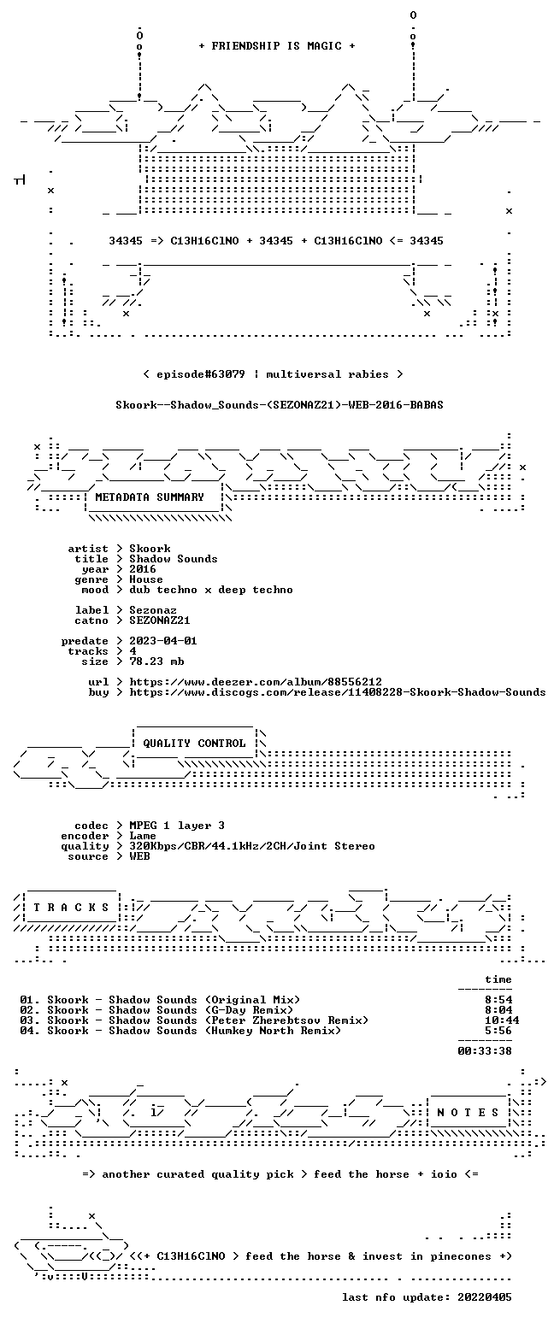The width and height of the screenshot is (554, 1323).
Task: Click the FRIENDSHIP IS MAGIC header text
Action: click(x=276, y=46)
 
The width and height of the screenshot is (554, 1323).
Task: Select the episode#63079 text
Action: click(x=201, y=374)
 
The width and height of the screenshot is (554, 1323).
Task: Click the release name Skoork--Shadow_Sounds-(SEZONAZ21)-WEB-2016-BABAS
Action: click(x=280, y=405)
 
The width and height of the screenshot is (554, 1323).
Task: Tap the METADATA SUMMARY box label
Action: click(x=150, y=497)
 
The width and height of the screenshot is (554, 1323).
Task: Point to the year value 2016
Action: click(x=143, y=569)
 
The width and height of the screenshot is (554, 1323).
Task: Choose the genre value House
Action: click(x=146, y=579)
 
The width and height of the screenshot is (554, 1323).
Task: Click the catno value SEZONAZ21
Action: click(x=160, y=620)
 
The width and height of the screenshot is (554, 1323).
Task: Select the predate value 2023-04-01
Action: click(x=163, y=641)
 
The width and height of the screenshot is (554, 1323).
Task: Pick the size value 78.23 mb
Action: click(x=156, y=661)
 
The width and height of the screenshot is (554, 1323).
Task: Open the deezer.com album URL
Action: click(x=255, y=682)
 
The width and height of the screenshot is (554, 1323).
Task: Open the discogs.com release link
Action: click(x=337, y=692)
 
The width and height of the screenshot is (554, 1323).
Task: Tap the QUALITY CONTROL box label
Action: click(x=194, y=744)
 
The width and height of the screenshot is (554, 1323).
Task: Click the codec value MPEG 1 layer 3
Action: click(x=177, y=826)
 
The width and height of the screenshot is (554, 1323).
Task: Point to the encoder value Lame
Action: click(x=142, y=837)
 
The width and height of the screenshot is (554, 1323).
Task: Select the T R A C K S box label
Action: click(x=72, y=908)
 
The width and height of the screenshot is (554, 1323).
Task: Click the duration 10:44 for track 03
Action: click(x=502, y=1020)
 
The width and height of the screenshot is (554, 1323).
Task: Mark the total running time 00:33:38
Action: click(x=485, y=1051)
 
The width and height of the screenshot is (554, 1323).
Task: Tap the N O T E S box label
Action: click(x=468, y=1113)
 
